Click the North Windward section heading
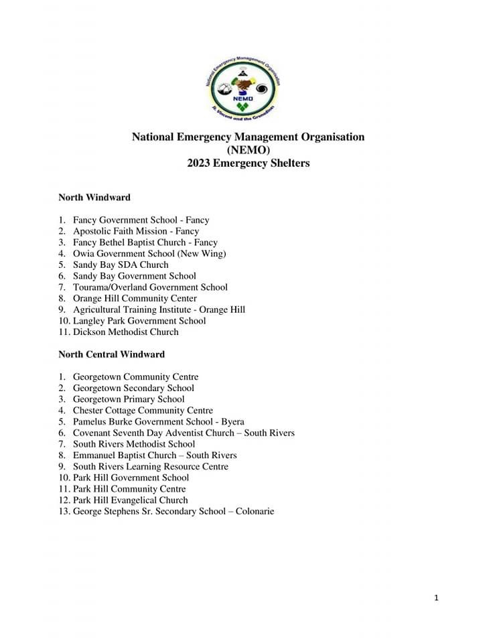tap(94, 198)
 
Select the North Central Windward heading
tap(111, 354)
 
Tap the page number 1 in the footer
tap(436, 598)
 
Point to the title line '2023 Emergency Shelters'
tap(248, 163)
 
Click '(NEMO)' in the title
tap(248, 150)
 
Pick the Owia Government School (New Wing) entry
tap(149, 254)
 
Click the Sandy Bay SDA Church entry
tap(121, 265)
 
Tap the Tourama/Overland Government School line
tap(150, 287)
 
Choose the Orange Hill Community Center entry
tap(135, 298)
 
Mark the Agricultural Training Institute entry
tap(159, 309)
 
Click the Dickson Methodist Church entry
tap(126, 332)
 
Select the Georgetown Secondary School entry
tap(133, 388)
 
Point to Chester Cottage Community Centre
tap(143, 411)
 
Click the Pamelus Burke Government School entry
tap(158, 422)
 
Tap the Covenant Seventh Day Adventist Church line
tap(184, 433)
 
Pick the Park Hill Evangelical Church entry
tap(130, 500)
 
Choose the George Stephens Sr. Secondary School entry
tap(173, 512)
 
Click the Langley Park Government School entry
tap(139, 321)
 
